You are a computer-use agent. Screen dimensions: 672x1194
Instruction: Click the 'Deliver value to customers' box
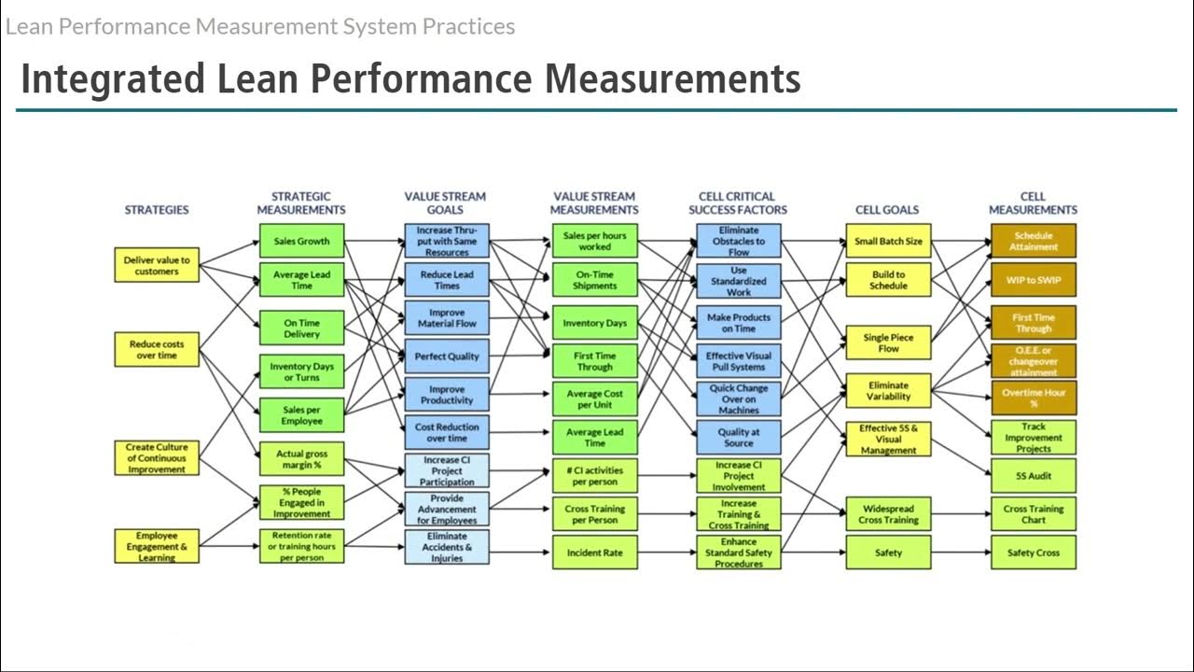[x=156, y=266]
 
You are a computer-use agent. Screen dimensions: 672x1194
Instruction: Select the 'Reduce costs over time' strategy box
[x=156, y=349]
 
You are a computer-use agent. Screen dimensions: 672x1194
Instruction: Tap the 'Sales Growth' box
[x=301, y=241]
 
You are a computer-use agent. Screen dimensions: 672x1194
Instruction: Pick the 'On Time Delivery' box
[x=301, y=329]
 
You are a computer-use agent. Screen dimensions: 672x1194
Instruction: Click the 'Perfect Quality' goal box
[x=447, y=357]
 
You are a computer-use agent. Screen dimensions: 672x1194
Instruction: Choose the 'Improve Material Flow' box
[x=447, y=318]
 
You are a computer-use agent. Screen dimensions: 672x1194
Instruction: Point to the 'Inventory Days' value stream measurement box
[x=594, y=323]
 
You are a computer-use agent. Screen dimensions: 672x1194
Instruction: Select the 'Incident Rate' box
[x=594, y=553]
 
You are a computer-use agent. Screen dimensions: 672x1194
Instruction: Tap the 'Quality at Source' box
[x=739, y=438]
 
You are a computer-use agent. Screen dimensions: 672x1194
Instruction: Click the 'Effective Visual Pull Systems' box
[x=739, y=361]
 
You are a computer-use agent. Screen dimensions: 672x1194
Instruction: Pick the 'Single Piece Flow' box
[x=888, y=343]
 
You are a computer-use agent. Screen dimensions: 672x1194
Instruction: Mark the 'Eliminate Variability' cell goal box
[x=888, y=391]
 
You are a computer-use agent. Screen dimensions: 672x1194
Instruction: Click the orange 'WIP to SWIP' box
[x=1034, y=280]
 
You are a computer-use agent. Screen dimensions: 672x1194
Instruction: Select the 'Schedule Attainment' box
[x=1034, y=241]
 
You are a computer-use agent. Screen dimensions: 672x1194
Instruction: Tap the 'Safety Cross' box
[x=1034, y=553]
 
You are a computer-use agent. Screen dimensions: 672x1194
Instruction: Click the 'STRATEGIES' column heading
[x=157, y=210]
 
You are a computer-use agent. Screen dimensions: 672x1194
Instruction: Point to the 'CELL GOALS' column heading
[x=887, y=210]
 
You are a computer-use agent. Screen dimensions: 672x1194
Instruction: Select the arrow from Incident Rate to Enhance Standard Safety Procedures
[x=667, y=553]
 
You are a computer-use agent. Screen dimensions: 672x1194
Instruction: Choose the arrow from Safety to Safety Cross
[x=961, y=553]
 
